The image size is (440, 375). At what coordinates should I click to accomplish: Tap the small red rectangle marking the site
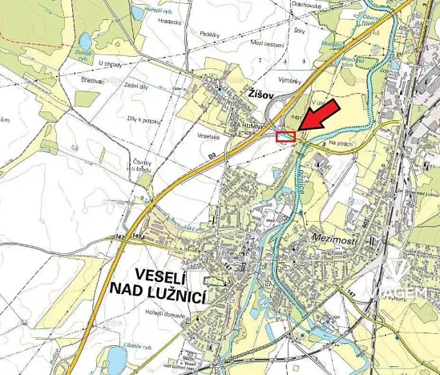pos(285,137)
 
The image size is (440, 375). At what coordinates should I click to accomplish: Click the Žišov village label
pos(254,95)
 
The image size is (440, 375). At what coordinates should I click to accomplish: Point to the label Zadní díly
pos(137,86)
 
